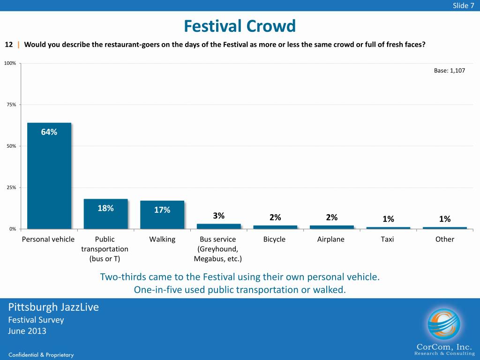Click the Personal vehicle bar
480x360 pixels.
(x=49, y=176)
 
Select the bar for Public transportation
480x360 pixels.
(x=105, y=214)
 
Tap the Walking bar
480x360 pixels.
(x=162, y=215)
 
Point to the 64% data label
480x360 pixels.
(x=49, y=132)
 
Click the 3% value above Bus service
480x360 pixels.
(x=219, y=216)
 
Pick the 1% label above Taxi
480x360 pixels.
(x=388, y=219)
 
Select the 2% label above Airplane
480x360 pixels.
(x=331, y=217)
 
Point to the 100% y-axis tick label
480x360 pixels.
(x=10, y=63)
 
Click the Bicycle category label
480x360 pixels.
(x=274, y=240)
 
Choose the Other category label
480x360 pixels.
(x=445, y=240)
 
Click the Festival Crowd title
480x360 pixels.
(x=240, y=26)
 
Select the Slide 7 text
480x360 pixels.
(x=463, y=5)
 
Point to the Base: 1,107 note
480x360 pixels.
(x=449, y=71)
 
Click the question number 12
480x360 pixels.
(x=8, y=45)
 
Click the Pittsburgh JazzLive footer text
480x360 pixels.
(x=53, y=307)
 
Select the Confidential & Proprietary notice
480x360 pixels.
(x=41, y=355)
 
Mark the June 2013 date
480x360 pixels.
(x=27, y=331)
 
